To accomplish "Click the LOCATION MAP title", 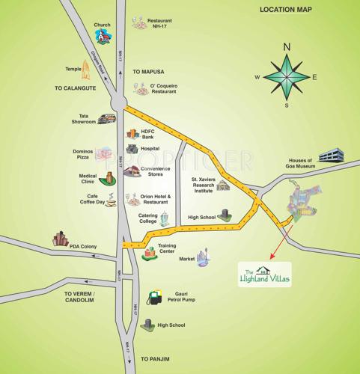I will [295, 10].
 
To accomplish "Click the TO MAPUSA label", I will [148, 72].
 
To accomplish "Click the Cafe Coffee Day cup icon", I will [110, 201].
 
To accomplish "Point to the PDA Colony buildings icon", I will [60, 239].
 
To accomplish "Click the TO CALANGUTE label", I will [74, 88].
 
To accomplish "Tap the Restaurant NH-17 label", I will [159, 25].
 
